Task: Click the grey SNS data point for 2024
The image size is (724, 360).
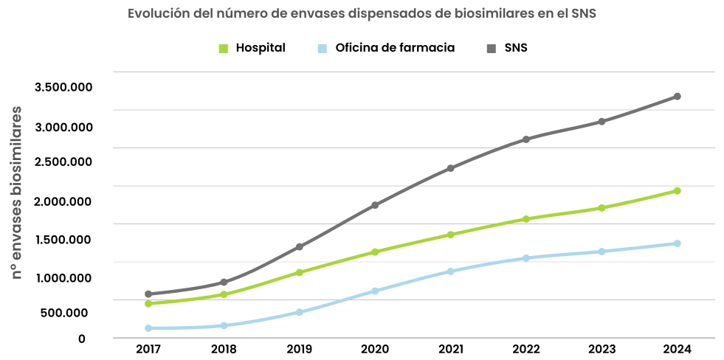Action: pyautogui.click(x=677, y=97)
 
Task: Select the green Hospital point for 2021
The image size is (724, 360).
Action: pyautogui.click(x=450, y=235)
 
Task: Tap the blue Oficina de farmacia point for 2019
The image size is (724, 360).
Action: pyautogui.click(x=299, y=312)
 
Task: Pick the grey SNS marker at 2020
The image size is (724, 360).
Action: pyautogui.click(x=375, y=205)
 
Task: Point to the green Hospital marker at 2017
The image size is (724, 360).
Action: pyautogui.click(x=148, y=303)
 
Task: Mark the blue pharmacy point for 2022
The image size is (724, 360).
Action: pyautogui.click(x=526, y=258)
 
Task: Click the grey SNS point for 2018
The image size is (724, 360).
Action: pyautogui.click(x=224, y=283)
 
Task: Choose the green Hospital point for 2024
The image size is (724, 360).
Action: pyautogui.click(x=677, y=191)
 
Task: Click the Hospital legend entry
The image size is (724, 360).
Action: pyautogui.click(x=252, y=48)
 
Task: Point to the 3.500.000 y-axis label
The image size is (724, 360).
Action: pyautogui.click(x=63, y=87)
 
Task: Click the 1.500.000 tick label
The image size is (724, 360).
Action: pyautogui.click(x=63, y=239)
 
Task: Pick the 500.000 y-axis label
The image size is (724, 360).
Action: pyautogui.click(x=66, y=312)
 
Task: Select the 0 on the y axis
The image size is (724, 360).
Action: pyautogui.click(x=82, y=339)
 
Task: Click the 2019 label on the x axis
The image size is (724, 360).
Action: pyautogui.click(x=299, y=349)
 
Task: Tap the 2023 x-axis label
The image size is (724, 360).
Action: pyautogui.click(x=601, y=349)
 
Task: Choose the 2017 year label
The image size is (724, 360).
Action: pyautogui.click(x=148, y=349)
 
